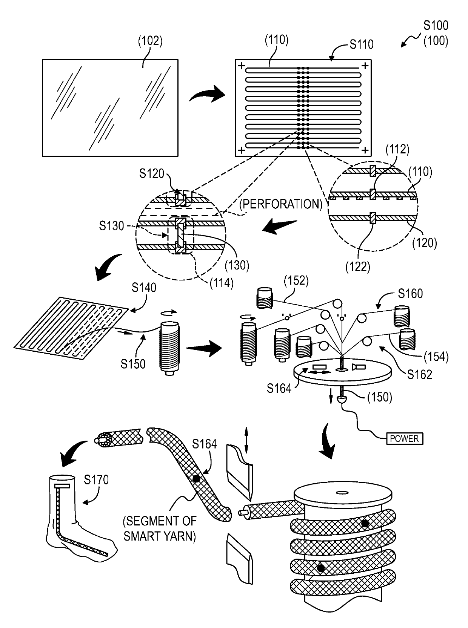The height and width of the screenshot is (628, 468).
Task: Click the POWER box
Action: pyautogui.click(x=405, y=438)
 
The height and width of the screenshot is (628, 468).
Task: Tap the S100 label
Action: pyautogui.click(x=436, y=26)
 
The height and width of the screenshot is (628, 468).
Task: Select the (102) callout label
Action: pyautogui.click(x=150, y=41)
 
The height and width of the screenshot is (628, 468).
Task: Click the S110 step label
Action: pyautogui.click(x=362, y=44)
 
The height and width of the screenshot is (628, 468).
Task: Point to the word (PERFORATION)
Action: pyautogui.click(x=281, y=204)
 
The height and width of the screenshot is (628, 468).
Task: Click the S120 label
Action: pyautogui.click(x=152, y=173)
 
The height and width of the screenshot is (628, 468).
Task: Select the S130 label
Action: pyautogui.click(x=111, y=226)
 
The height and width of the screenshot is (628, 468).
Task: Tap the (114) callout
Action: pyautogui.click(x=222, y=283)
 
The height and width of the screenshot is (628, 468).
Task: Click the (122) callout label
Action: pyautogui.click(x=358, y=267)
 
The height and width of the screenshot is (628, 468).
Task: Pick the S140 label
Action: pyautogui.click(x=144, y=288)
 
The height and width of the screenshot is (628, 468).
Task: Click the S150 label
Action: pyautogui.click(x=133, y=364)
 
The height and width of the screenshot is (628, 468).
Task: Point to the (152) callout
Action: pyautogui.click(x=296, y=280)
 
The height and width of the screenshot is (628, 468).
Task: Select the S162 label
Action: pyautogui.click(x=420, y=375)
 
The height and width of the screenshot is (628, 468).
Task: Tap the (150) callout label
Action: pyautogui.click(x=380, y=397)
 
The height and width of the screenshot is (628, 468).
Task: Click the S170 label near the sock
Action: pyautogui.click(x=96, y=479)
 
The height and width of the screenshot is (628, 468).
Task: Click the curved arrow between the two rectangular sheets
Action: pyautogui.click(x=207, y=95)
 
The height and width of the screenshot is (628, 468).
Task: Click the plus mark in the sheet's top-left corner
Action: pyautogui.click(x=241, y=66)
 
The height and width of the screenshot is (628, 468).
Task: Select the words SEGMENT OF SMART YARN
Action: pyautogui.click(x=160, y=528)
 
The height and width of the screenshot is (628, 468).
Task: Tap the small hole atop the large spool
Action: pyautogui.click(x=342, y=493)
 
